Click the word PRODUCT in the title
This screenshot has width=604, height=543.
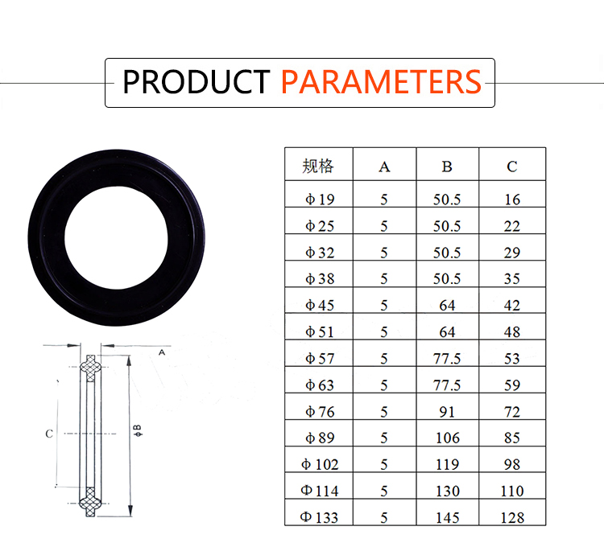point(196,81)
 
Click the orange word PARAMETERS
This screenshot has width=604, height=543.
point(382,81)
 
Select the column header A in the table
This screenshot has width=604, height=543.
point(384,167)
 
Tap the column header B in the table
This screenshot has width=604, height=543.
point(447,167)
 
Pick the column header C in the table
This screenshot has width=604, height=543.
point(512,167)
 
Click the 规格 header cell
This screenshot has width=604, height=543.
point(318,167)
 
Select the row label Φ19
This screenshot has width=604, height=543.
point(320,200)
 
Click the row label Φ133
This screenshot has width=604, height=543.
point(319,517)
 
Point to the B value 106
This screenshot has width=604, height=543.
point(447,438)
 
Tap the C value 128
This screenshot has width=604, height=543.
point(512,517)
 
